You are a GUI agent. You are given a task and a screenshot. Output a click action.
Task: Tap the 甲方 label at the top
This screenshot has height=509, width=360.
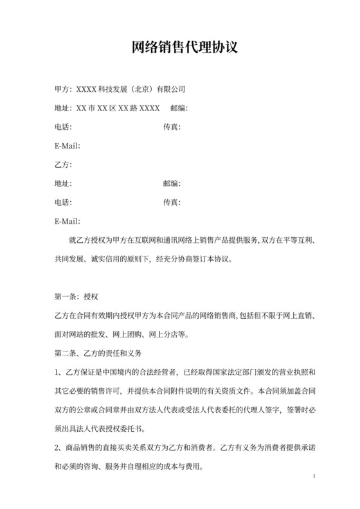tap(63, 89)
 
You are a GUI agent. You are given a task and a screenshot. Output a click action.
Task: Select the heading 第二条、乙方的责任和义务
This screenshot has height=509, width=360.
tap(98, 353)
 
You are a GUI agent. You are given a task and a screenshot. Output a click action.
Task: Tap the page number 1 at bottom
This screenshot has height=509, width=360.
tap(312, 476)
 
